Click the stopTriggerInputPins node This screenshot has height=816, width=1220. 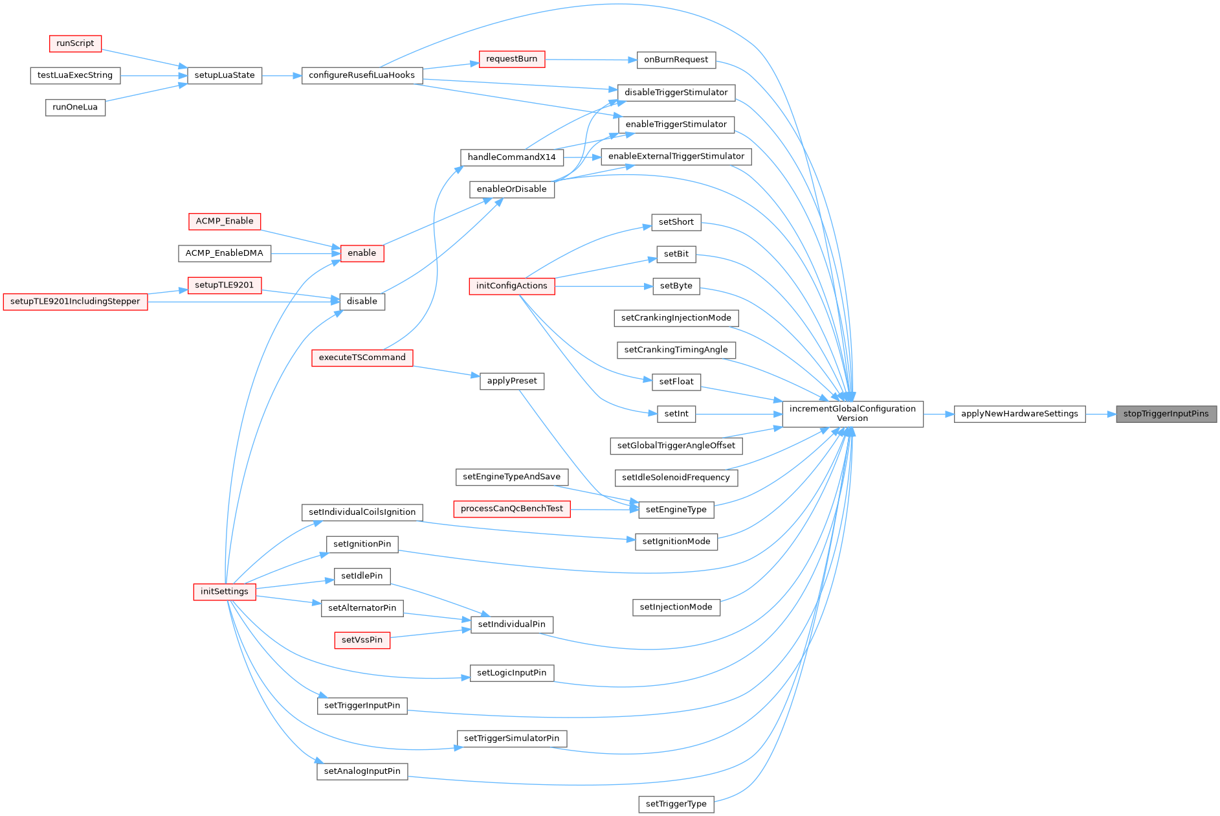[1166, 414]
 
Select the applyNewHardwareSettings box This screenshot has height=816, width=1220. [1019, 414]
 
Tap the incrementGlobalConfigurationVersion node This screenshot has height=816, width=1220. [852, 414]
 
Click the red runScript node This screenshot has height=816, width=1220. [75, 43]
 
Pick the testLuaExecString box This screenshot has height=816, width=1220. [75, 75]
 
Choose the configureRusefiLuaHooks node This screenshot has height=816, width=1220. [362, 75]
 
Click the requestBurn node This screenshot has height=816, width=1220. [511, 59]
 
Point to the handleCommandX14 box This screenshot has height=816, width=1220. [511, 157]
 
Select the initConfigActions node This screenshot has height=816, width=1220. [511, 286]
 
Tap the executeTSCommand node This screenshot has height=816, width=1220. [362, 357]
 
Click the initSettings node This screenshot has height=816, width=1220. [224, 591]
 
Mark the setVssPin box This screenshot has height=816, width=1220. [362, 640]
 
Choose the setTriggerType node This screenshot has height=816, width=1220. [676, 804]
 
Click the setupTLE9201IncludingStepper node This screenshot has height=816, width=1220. [75, 302]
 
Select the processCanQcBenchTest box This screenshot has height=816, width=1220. [511, 509]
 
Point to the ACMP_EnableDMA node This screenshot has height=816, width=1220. [224, 253]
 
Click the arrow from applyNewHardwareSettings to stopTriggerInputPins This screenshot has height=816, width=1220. [1100, 414]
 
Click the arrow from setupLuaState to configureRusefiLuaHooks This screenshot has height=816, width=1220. [282, 76]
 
